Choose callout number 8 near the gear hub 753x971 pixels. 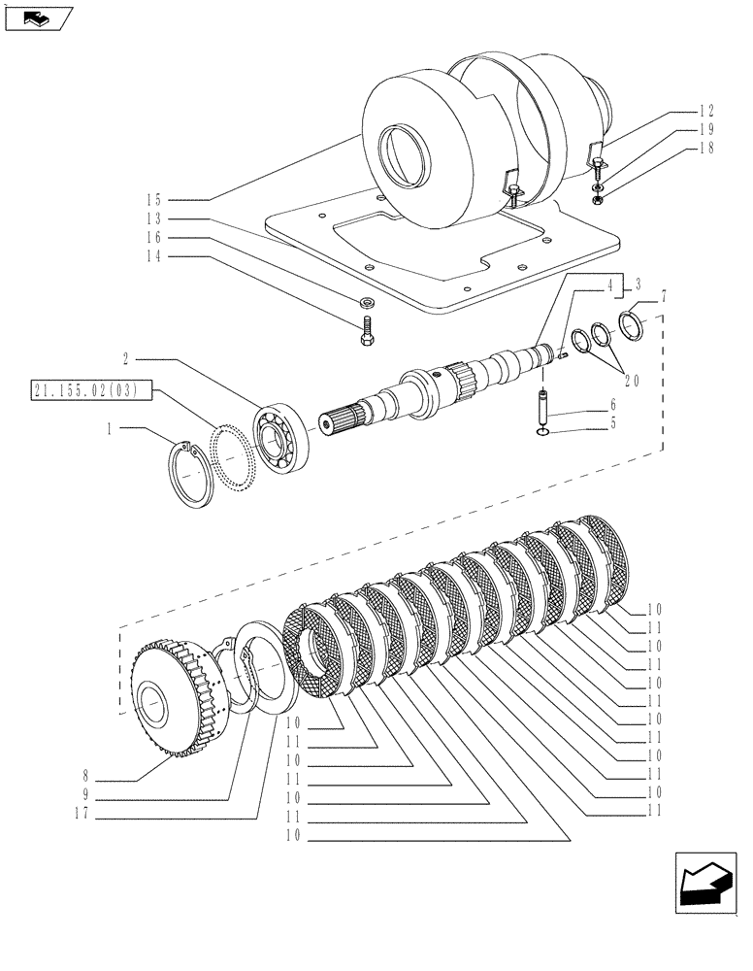click(x=88, y=777)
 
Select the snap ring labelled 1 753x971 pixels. click(x=193, y=473)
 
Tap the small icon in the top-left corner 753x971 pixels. click(x=37, y=17)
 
